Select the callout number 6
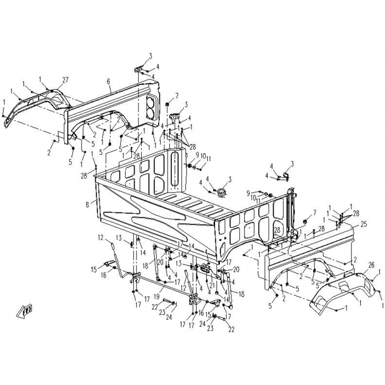[109, 82]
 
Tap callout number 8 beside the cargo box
[87, 204]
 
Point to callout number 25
[363, 224]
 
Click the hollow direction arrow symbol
[25, 311]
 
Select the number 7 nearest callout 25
[315, 212]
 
